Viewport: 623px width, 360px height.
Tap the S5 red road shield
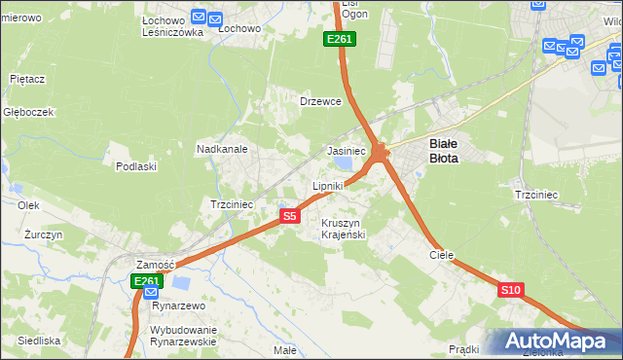pyautogui.click(x=289, y=216)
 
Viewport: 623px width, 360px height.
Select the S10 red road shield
pyautogui.click(x=511, y=290)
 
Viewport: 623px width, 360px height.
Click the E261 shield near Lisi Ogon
pyautogui.click(x=340, y=39)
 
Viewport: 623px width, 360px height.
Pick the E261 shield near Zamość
pyautogui.click(x=146, y=281)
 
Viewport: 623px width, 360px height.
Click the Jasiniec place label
pyautogui.click(x=347, y=152)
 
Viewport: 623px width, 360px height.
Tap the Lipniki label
pyautogui.click(x=328, y=185)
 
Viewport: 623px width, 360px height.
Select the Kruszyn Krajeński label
pyautogui.click(x=342, y=229)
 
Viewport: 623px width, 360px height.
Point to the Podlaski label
pyautogui.click(x=136, y=166)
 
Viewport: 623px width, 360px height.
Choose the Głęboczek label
pyautogui.click(x=27, y=112)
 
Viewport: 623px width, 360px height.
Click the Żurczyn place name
pyautogui.click(x=44, y=235)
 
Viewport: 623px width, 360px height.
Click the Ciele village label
pyautogui.click(x=442, y=254)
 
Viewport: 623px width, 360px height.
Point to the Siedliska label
pyautogui.click(x=39, y=341)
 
